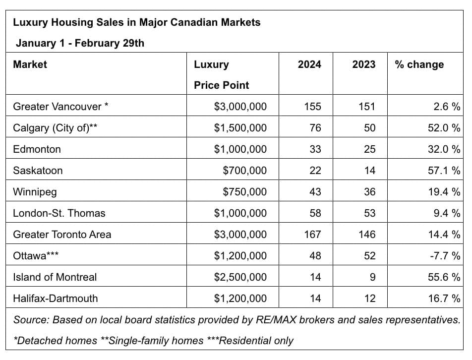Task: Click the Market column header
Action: pos(30,64)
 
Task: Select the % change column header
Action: pos(419,64)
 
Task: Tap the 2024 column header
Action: pos(309,64)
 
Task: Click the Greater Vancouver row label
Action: pos(60,107)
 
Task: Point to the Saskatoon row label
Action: pos(38,171)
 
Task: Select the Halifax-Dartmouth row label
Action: pos(56,299)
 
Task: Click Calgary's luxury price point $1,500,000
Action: pos(240,128)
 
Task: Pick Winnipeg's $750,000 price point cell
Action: pos(245,192)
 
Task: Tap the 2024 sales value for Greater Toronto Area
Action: pos(312,235)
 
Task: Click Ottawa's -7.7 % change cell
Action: pos(445,256)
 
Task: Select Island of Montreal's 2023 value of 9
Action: pos(372,277)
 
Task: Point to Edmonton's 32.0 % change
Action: pos(444,149)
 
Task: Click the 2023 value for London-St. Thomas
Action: pos(370,213)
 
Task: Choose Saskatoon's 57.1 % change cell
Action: pos(444,171)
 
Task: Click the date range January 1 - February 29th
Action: pos(80,43)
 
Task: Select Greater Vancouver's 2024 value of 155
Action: pos(312,107)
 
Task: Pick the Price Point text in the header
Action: pos(221,85)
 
